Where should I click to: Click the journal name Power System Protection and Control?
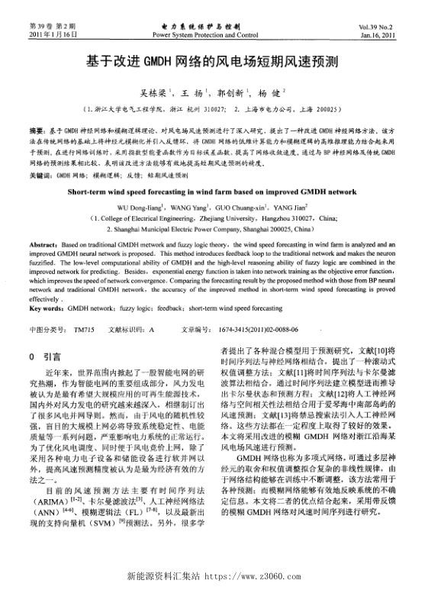click(213, 35)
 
